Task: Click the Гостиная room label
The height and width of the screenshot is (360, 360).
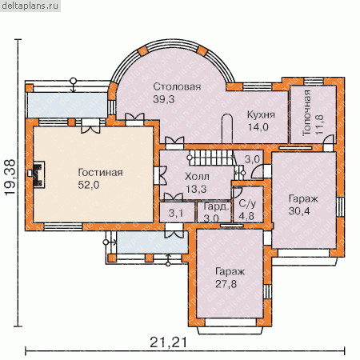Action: pos(100,173)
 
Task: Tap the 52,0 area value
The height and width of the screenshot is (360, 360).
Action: pos(89,185)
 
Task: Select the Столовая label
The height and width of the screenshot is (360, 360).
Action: pos(177,86)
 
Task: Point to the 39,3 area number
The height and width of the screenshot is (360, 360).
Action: pos(164,99)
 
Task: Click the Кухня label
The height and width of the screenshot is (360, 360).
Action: pos(261,114)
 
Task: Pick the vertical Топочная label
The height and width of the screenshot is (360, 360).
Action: pos(307,113)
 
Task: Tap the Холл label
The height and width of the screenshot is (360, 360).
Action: pos(197,177)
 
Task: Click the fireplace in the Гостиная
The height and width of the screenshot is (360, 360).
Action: pos(38,174)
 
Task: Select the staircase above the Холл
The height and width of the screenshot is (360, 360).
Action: pos(210,158)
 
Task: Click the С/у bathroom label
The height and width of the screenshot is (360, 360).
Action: pos(247,204)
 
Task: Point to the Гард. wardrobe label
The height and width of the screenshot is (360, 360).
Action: pos(216,206)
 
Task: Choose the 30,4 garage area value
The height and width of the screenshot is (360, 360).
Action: pos(299,211)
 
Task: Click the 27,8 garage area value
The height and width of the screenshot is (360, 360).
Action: pos(226,284)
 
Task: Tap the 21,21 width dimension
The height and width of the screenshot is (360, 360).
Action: pos(168,342)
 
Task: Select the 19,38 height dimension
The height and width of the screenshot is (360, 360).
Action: pos(10,178)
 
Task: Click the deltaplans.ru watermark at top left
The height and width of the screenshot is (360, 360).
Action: pos(30,6)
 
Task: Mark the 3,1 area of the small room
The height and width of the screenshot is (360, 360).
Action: pos(176,213)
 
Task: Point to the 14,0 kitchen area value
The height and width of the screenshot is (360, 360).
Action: pos(258,127)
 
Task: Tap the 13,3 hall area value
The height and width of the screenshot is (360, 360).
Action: pos(196,189)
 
